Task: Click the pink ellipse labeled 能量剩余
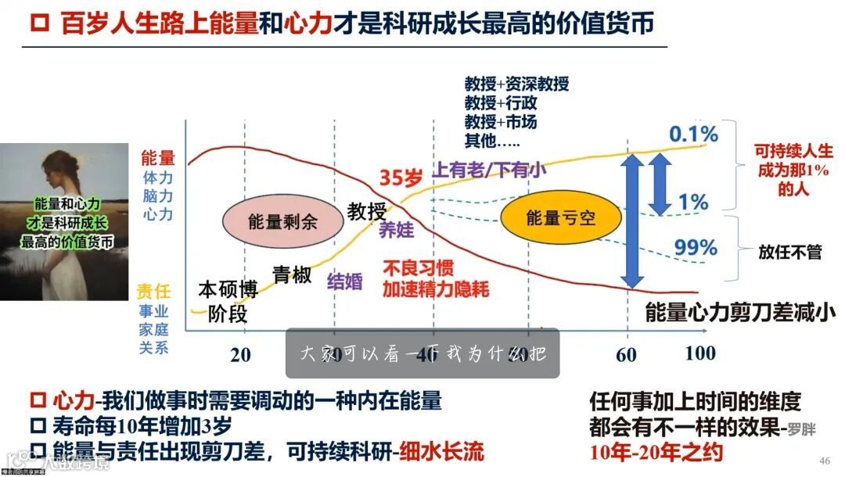pyautogui.click(x=282, y=221)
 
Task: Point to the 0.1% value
pyautogui.click(x=693, y=134)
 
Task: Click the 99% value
pyautogui.click(x=696, y=248)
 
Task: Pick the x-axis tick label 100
pyautogui.click(x=700, y=353)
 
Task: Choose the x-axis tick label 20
pyautogui.click(x=241, y=354)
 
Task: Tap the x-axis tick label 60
pyautogui.click(x=627, y=354)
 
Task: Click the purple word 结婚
pyautogui.click(x=345, y=282)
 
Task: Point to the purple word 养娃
pyautogui.click(x=396, y=230)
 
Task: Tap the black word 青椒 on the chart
pyautogui.click(x=292, y=274)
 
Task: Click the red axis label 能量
pyautogui.click(x=157, y=159)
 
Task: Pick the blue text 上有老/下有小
pyautogui.click(x=490, y=169)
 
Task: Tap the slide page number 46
pyautogui.click(x=824, y=459)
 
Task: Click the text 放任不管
pyautogui.click(x=790, y=252)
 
